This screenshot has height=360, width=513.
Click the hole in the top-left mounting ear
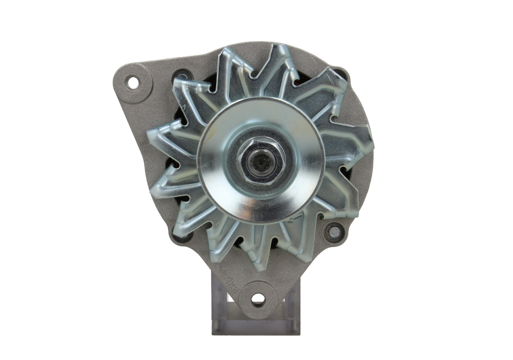click(x=133, y=82)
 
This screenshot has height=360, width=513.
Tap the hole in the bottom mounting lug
click(x=257, y=298)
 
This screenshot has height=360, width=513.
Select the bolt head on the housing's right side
click(x=333, y=232)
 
